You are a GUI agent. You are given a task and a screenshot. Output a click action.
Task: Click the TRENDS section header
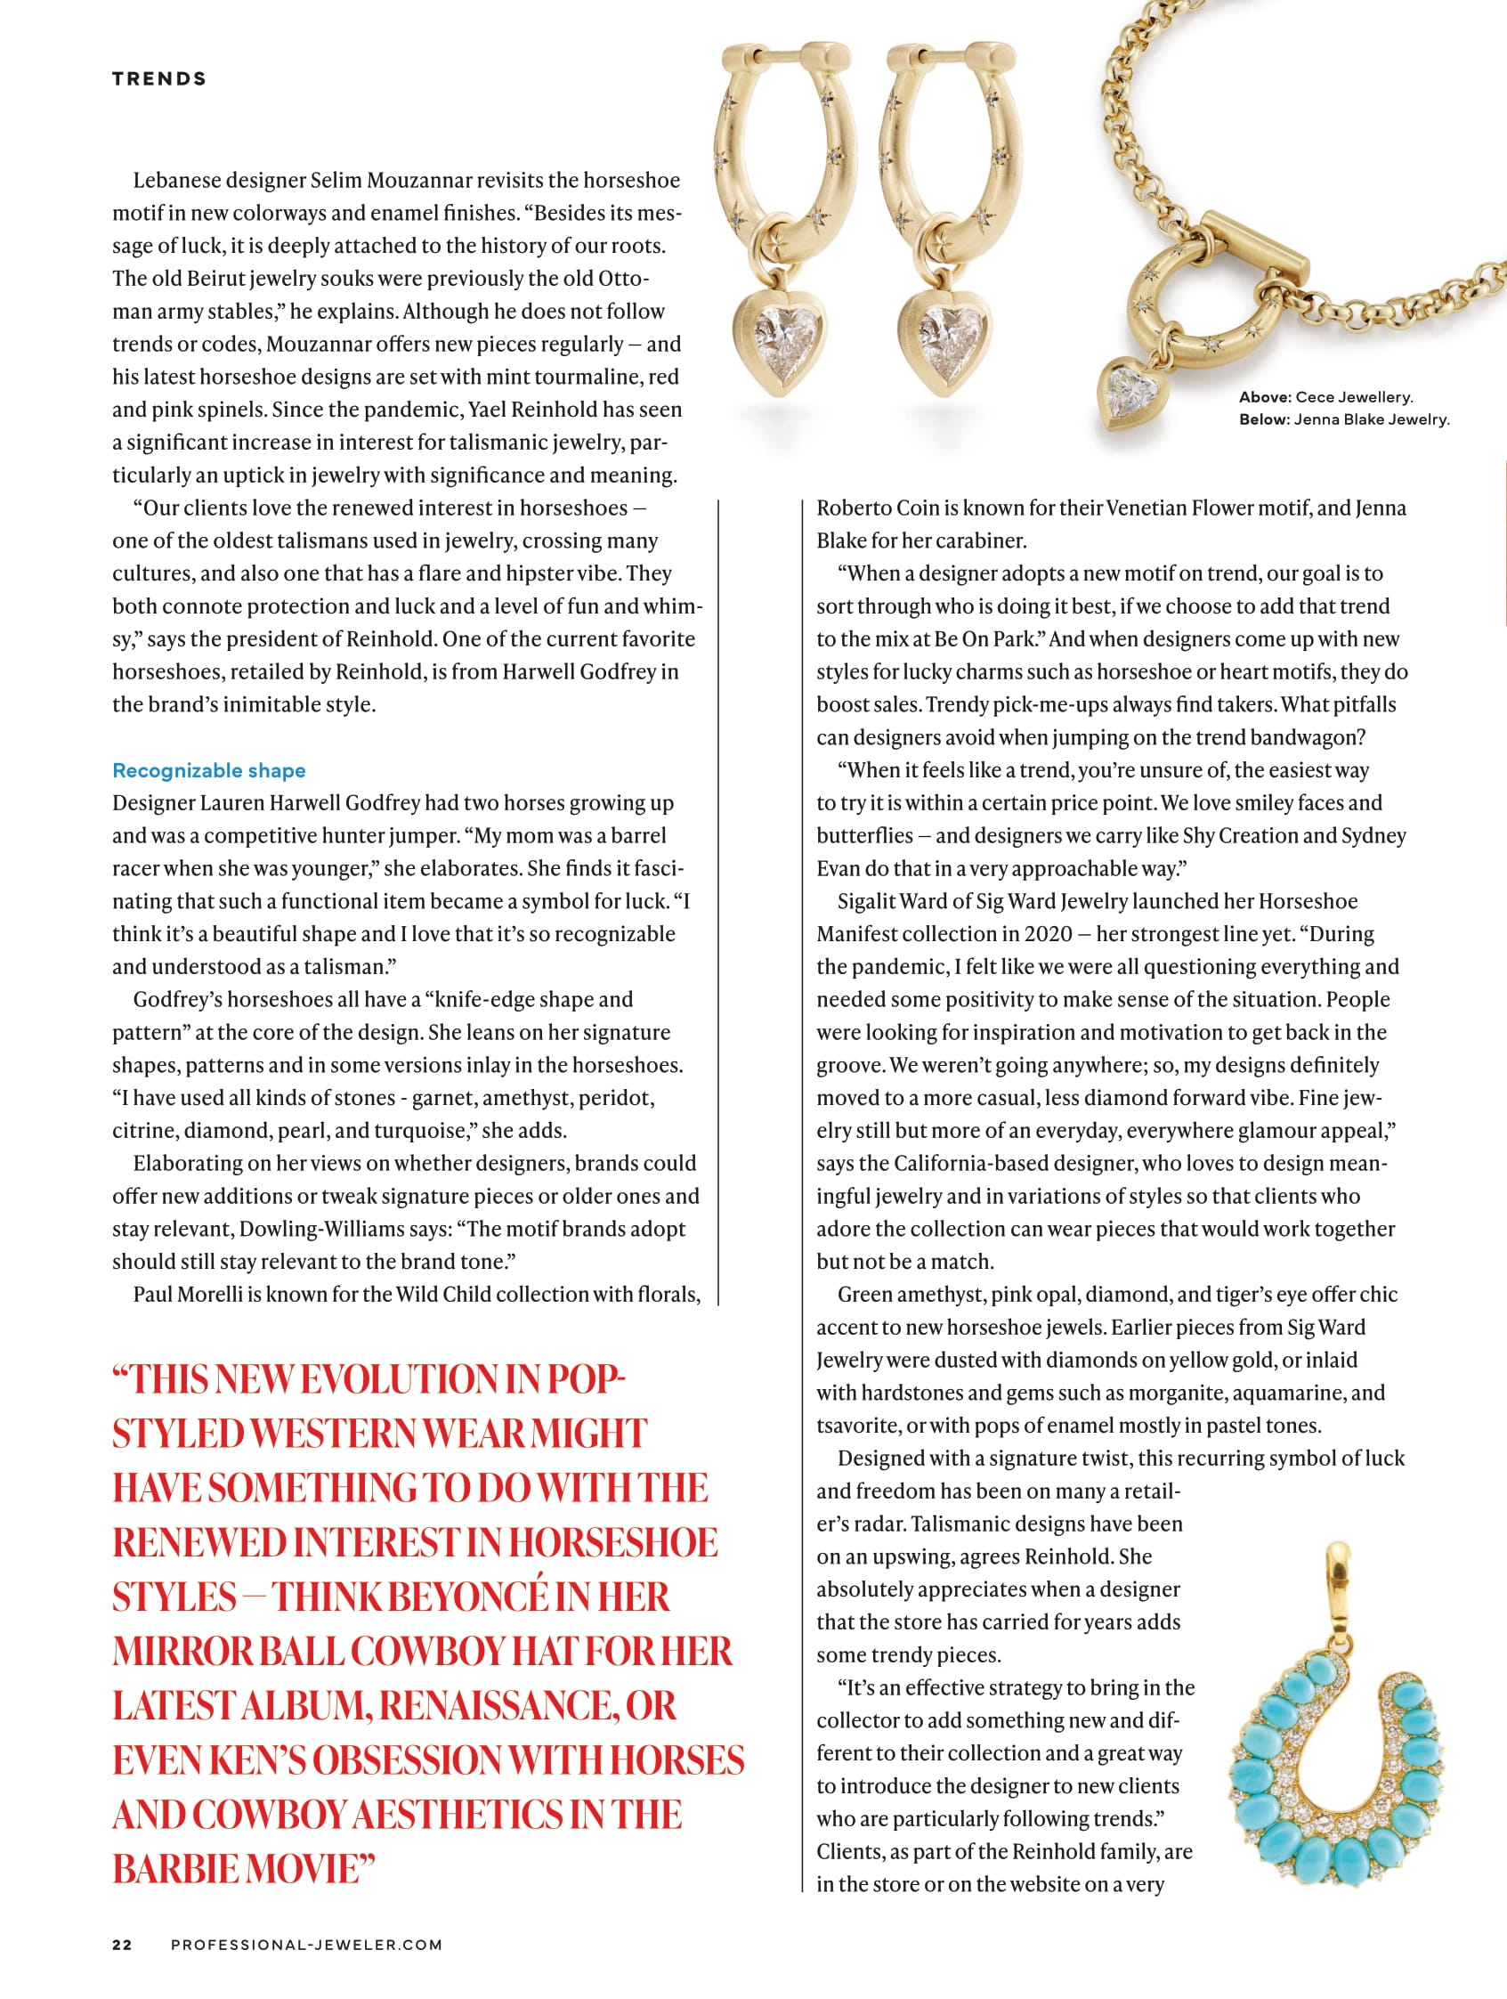pos(159,78)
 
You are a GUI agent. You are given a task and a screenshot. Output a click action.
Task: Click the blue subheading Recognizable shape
pos(208,770)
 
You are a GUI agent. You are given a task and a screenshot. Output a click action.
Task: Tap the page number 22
pos(122,1945)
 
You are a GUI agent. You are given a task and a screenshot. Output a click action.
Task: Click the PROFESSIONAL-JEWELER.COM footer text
pos(306,1945)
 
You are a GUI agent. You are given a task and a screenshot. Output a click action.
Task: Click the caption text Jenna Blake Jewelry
pos(1371,419)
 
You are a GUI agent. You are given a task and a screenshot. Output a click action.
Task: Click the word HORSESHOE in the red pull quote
pos(612,1542)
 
